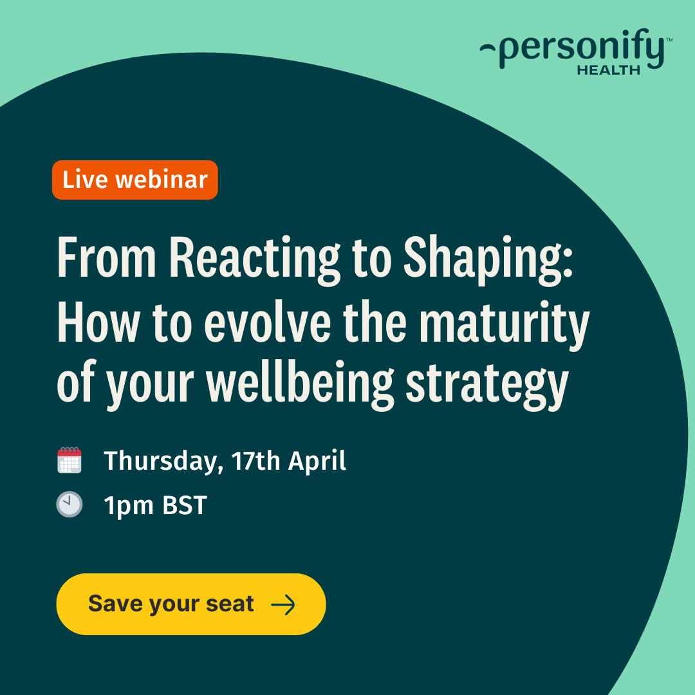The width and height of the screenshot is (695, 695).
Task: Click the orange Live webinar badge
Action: (x=134, y=180)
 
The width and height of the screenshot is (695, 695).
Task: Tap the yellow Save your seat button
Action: (x=191, y=604)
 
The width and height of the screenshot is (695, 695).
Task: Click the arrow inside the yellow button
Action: (x=283, y=604)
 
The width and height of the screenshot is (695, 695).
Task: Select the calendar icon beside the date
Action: (x=69, y=460)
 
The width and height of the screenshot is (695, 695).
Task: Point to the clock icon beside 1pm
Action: (x=69, y=505)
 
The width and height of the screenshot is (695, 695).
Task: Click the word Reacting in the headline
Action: (x=254, y=259)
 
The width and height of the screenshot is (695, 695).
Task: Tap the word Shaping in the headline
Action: (x=488, y=259)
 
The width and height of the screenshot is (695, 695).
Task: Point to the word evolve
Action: (x=268, y=321)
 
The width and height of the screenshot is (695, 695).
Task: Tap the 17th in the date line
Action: (x=255, y=461)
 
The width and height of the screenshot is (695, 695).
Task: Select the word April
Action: (x=317, y=461)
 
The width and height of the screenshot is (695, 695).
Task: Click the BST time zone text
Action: (x=185, y=505)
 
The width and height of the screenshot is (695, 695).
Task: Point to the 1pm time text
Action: (x=129, y=506)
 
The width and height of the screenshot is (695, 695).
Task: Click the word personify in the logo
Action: (x=582, y=49)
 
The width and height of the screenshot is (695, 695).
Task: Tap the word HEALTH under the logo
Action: (x=609, y=70)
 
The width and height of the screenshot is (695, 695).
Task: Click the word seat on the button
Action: (x=230, y=604)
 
